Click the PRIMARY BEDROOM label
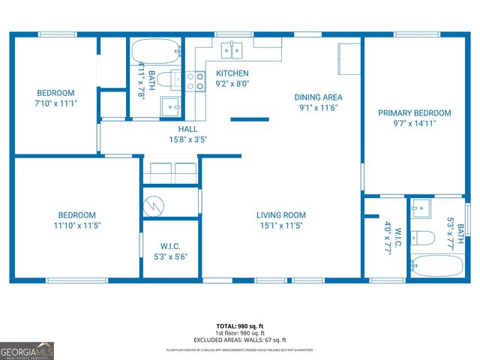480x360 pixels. point(415,113)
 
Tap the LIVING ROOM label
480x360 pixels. point(281,215)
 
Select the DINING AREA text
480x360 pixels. point(318,97)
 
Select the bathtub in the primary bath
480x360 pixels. point(437,265)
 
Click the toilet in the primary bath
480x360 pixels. point(424,238)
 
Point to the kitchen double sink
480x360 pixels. point(232,50)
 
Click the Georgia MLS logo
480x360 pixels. point(27,351)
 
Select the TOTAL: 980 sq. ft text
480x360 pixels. point(240,326)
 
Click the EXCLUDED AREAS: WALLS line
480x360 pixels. point(240,340)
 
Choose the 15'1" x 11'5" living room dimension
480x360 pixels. point(281,225)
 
